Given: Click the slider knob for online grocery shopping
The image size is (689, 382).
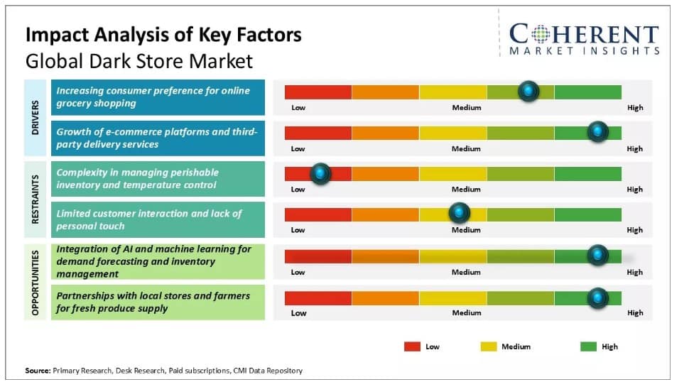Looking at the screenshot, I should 528,91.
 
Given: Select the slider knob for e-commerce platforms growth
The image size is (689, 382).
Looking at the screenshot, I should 598,131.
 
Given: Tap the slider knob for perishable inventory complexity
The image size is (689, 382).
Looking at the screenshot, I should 321,173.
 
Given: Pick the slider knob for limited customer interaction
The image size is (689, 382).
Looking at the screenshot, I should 460,212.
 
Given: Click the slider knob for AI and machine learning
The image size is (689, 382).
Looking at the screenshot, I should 598,255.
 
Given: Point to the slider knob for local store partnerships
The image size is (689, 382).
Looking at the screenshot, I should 598,297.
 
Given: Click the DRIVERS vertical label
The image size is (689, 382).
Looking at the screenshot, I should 36,118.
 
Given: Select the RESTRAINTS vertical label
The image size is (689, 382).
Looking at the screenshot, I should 36,200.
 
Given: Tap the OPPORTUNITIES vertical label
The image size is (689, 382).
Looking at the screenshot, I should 36,282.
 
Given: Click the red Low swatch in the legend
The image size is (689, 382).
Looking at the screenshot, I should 412,346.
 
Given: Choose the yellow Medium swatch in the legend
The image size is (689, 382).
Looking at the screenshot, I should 488,346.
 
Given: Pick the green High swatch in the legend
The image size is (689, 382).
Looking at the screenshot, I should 588,346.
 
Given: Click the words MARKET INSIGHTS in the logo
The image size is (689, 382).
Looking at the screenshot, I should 584,51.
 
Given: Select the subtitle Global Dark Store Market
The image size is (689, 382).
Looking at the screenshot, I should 139,61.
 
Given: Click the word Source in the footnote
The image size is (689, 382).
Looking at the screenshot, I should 37,370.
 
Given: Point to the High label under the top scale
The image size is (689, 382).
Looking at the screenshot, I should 634,108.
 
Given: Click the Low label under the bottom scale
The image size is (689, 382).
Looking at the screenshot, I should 298,313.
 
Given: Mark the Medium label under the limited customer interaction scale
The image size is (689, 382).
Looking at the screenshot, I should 466,230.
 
